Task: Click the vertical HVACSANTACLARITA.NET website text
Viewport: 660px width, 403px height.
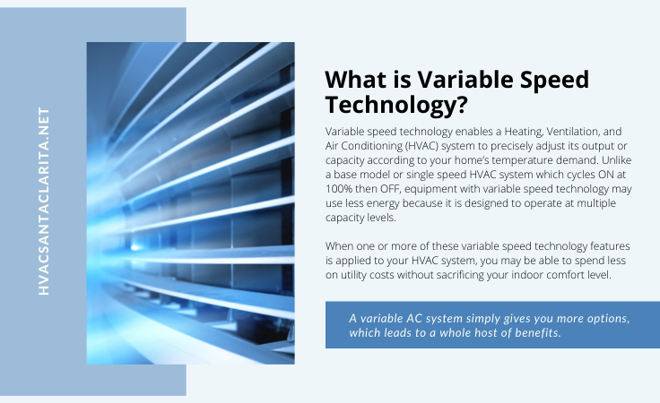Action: [x=44, y=201]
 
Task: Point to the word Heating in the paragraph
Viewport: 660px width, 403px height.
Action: [x=524, y=132]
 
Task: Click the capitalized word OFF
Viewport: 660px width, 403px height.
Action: [x=390, y=189]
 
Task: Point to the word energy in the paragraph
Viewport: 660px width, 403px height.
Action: [x=383, y=204]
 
